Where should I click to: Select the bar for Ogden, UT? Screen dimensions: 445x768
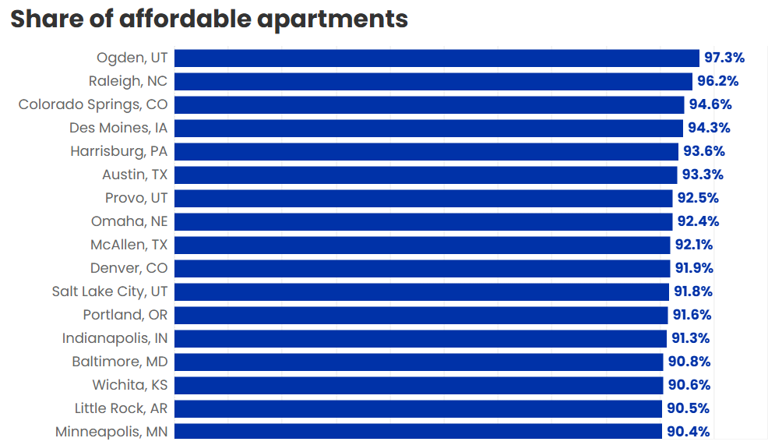(436, 58)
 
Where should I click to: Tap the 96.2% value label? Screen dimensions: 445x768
(717, 81)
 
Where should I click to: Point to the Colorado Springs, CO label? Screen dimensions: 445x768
(93, 104)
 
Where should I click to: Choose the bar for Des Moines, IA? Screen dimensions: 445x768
(429, 128)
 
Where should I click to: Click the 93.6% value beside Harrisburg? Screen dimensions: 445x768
(703, 151)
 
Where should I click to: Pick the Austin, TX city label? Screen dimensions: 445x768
(135, 175)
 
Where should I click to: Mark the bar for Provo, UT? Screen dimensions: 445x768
(423, 198)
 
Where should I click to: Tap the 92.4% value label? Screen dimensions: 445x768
(698, 221)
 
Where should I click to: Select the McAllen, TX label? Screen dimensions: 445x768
(129, 245)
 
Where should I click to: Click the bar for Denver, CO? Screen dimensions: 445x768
(422, 268)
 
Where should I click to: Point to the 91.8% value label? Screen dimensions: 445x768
(692, 291)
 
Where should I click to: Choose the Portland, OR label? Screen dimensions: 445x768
(125, 315)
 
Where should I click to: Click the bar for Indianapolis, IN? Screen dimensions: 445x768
(421, 338)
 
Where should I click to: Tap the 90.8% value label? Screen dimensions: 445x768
(689, 362)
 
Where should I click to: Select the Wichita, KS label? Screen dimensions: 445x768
(129, 385)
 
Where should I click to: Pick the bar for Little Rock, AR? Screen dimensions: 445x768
(418, 408)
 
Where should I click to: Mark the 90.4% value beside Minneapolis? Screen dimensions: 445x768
(687, 432)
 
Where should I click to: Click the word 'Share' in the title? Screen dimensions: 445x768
(48, 18)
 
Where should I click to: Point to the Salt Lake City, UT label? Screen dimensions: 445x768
(110, 291)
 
